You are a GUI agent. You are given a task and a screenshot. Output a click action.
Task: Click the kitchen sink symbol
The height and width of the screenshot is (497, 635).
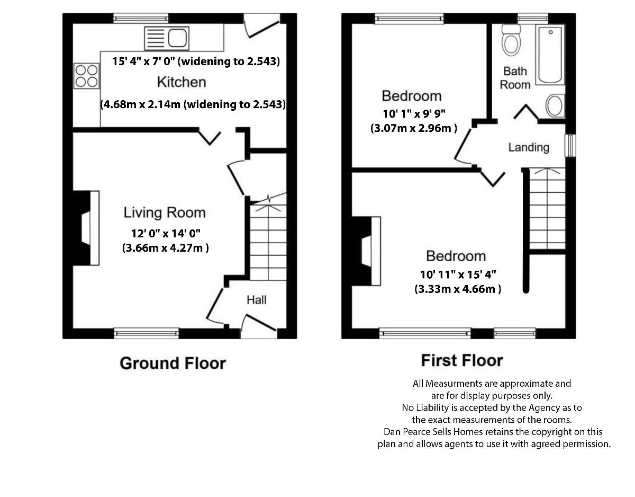[166, 38]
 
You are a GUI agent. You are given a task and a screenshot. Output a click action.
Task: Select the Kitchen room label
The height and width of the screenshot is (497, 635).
[182, 82]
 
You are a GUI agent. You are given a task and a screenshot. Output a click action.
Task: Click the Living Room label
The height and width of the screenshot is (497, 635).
[165, 213]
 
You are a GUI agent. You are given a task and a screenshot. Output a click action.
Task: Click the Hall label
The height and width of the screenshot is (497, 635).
[257, 300]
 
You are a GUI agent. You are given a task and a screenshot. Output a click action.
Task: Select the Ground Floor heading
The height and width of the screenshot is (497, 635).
[173, 363]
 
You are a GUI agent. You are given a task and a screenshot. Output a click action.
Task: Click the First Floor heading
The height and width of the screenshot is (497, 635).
[462, 361]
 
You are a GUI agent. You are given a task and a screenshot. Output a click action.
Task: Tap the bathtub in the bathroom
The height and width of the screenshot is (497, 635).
[551, 55]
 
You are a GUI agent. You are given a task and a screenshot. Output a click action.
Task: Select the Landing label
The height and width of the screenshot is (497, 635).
[529, 147]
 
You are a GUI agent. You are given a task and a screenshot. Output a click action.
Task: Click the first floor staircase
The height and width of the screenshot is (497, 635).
[547, 209]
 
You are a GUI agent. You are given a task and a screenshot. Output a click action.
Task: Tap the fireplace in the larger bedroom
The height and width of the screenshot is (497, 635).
[368, 251]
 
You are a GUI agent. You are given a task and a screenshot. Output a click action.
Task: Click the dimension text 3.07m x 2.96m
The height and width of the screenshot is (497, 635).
[413, 128]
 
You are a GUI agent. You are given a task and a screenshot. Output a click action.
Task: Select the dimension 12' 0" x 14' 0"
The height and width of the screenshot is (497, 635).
[166, 233]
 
